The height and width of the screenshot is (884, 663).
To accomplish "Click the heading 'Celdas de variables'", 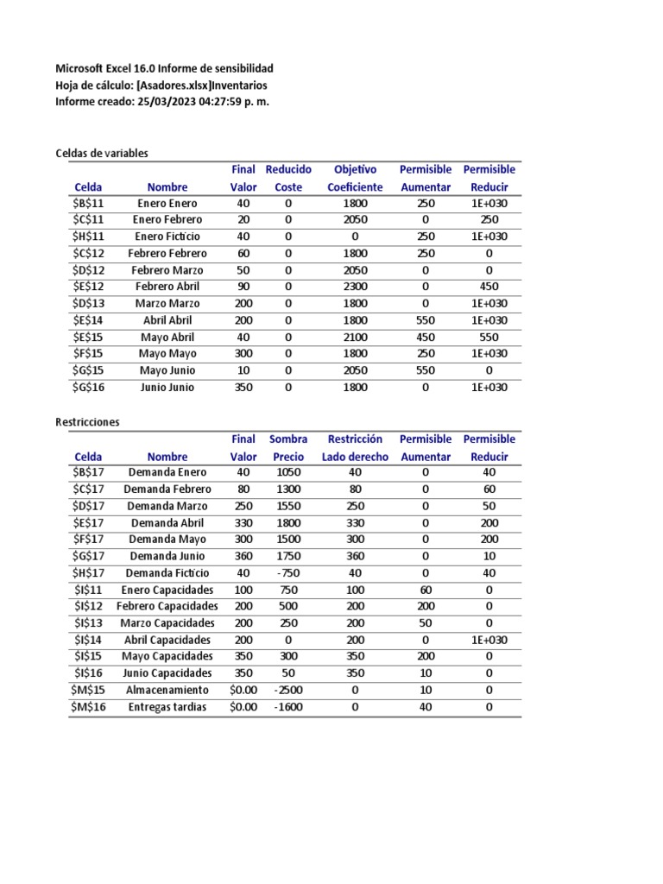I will click(102, 153).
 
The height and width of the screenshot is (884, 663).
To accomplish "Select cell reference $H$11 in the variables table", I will click(87, 237).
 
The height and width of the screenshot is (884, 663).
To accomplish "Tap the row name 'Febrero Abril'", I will click(167, 287).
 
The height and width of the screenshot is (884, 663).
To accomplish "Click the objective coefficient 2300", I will click(354, 287).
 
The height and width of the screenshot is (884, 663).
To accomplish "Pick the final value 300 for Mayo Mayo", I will click(243, 353).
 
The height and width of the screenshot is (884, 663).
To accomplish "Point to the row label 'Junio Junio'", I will click(167, 387).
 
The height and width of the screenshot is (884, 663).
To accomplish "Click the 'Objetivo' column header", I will click(355, 169).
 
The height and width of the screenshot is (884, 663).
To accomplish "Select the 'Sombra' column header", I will click(288, 439).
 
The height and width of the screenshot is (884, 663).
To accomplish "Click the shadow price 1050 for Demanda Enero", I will click(288, 472).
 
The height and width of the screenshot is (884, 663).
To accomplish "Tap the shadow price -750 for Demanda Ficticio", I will click(288, 573).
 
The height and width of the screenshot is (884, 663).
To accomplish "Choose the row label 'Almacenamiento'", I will click(167, 690).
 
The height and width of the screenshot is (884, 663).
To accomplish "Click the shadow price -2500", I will click(288, 690).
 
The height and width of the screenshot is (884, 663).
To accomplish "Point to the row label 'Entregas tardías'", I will click(167, 707).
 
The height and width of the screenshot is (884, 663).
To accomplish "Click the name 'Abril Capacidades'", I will click(167, 641).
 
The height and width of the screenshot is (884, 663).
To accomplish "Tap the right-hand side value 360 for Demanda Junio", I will click(355, 556).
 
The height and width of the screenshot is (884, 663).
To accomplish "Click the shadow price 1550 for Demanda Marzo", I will click(288, 506).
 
